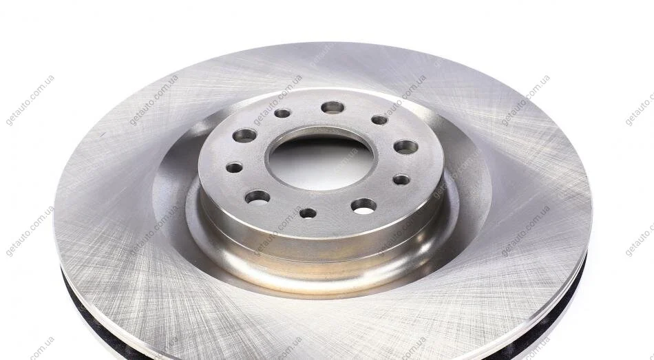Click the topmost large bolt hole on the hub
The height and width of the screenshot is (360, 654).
tap(333, 107)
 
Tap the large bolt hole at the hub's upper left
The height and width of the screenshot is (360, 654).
tap(245, 135)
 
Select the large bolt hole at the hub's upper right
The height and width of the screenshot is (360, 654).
tap(406, 147)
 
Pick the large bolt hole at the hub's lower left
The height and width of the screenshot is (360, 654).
tap(257, 198)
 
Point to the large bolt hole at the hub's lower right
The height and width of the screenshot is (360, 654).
tap(363, 206)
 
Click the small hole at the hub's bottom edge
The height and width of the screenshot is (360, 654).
tap(308, 213)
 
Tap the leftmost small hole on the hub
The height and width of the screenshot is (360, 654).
tap(234, 168)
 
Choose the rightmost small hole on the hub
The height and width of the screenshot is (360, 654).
tap(401, 180)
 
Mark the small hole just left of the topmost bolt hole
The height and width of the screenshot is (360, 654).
tap(282, 113)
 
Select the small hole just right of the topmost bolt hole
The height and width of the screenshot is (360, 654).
tap(379, 120)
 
